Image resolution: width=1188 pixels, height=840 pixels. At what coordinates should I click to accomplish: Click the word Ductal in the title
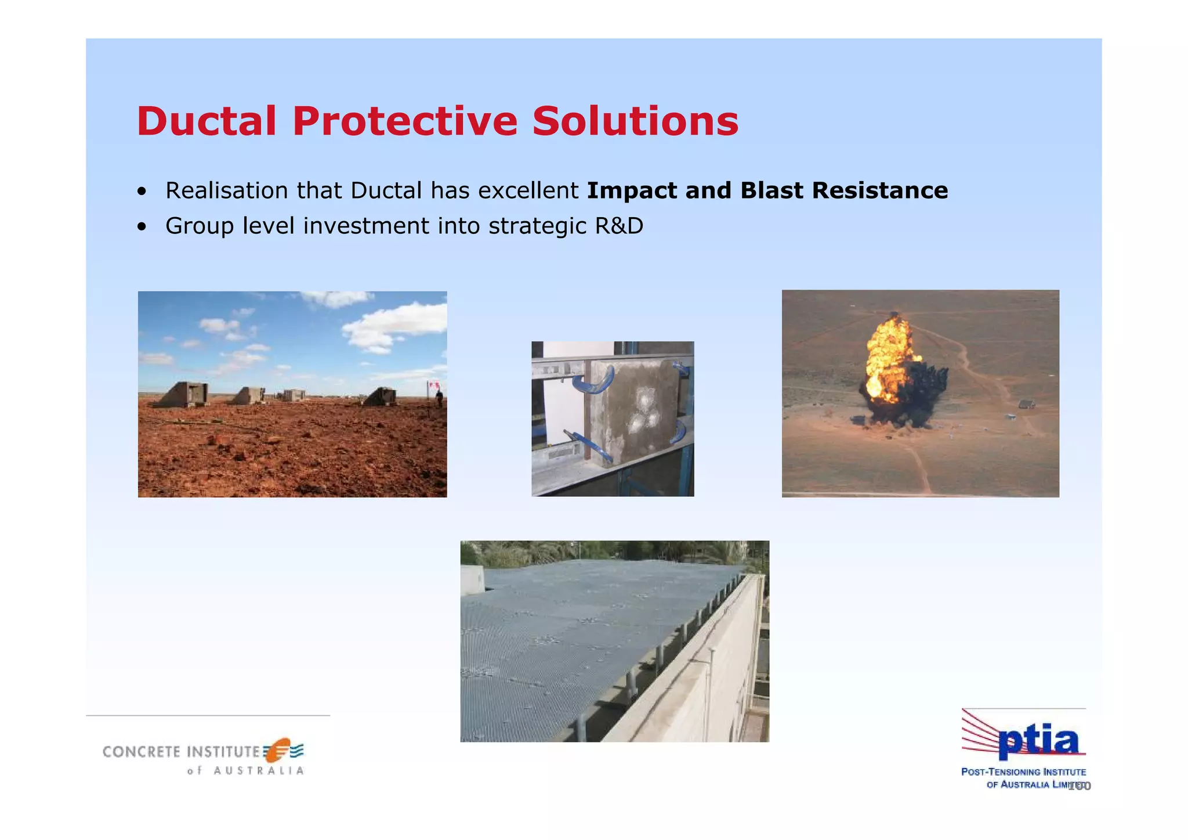(207, 121)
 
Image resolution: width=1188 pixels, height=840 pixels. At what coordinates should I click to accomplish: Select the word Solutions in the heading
(635, 121)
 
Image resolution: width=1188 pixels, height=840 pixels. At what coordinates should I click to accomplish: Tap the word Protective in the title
(404, 121)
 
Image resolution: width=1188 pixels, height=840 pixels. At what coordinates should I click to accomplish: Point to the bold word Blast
(772, 190)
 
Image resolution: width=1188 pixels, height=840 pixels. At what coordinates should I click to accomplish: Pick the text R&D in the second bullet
(619, 226)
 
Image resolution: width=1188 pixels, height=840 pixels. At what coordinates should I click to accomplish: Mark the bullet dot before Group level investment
(142, 227)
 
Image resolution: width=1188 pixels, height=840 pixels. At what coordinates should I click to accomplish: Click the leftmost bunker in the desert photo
(184, 395)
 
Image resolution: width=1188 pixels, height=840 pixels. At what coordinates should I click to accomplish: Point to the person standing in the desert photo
(439, 398)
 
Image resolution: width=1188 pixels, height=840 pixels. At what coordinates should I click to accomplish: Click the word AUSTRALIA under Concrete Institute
(259, 771)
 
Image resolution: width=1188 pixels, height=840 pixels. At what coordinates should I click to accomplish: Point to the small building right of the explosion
(1026, 404)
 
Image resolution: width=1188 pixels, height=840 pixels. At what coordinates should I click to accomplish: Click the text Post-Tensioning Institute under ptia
(1023, 772)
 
